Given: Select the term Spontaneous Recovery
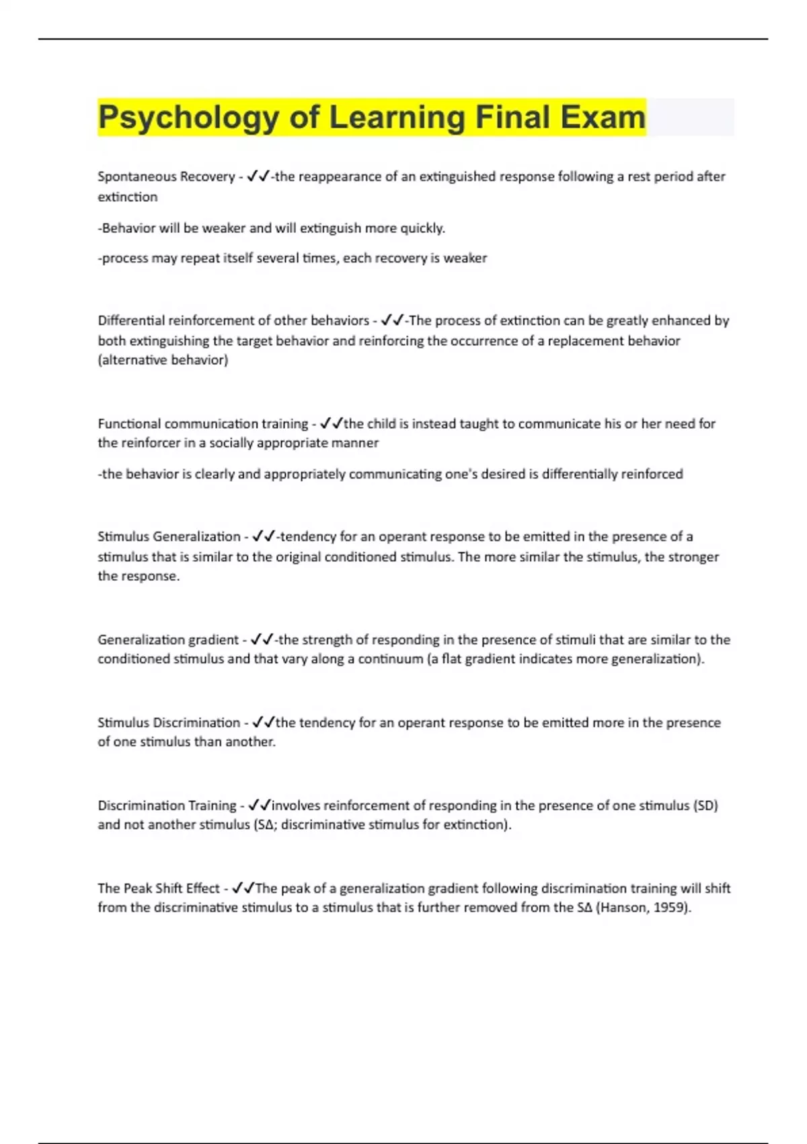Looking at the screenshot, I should [166, 176].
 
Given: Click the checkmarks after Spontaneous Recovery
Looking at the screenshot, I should [258, 176].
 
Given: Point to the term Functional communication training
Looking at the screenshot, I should [202, 424].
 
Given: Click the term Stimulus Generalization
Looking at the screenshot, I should [169, 536].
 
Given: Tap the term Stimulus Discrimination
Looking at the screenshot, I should [169, 723].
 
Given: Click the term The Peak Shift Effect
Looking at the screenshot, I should [159, 888].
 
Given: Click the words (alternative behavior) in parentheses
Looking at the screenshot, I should [163, 360].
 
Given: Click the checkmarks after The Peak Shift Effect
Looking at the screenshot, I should [243, 888].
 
